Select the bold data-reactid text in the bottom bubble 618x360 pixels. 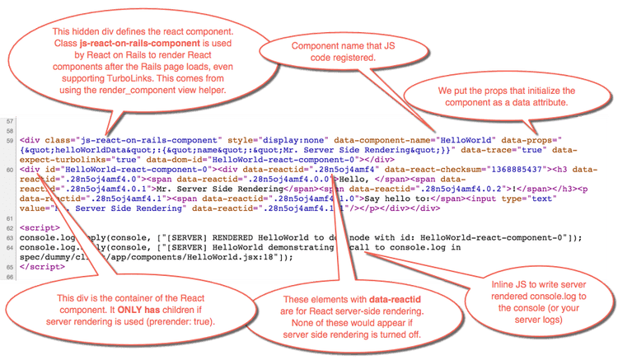coord(372,298)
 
